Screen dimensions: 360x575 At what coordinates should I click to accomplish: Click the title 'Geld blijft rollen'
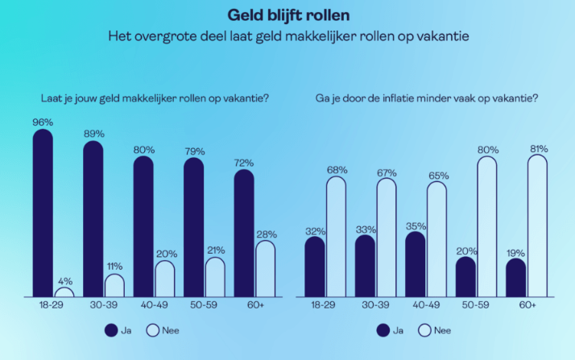point(287,14)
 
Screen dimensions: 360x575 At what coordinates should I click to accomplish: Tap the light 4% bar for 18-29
point(64,292)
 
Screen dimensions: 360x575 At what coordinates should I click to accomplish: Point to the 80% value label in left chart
point(144,148)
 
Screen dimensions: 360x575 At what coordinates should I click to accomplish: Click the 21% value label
point(215,250)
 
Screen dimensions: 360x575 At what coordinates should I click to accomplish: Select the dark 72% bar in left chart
point(244,234)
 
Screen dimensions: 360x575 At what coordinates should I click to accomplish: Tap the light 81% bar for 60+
point(538,226)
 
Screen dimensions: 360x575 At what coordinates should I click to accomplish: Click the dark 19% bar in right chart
point(516,277)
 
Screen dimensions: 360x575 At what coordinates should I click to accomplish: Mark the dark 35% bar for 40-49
point(416,264)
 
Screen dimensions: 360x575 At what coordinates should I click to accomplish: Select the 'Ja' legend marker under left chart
point(112,329)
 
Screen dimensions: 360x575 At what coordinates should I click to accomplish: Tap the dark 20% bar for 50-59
point(465,276)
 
